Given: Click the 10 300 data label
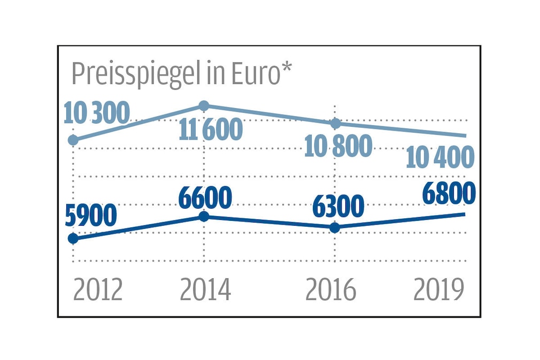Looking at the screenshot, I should click(97, 113).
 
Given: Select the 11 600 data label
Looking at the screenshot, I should click(211, 129).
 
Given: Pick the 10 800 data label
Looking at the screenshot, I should click(338, 145).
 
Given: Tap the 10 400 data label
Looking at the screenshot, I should click(440, 157).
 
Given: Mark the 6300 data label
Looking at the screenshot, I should click(338, 206).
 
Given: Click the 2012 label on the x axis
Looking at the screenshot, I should click(98, 290).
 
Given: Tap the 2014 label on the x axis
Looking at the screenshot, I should click(205, 290).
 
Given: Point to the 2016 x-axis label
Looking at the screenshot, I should click(330, 290).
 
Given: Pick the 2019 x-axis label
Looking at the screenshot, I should click(438, 290).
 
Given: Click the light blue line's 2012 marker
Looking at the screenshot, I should click(74, 140).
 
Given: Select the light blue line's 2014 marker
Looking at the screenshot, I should click(204, 105).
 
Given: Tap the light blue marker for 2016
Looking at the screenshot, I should click(335, 124).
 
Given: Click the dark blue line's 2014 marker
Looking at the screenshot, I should click(204, 217).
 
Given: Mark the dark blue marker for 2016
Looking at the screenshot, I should click(335, 227).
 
